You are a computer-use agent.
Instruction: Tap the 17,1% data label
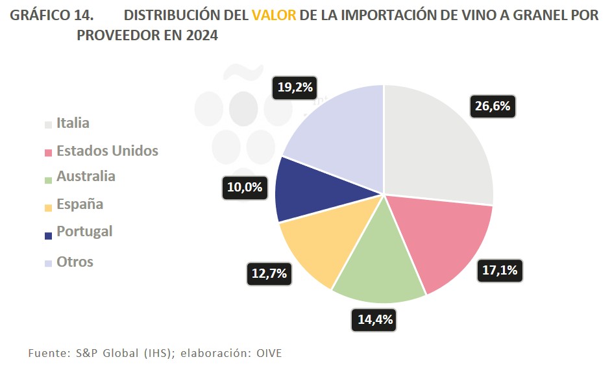(500, 269)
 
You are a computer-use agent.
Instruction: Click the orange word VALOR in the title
(273, 14)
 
